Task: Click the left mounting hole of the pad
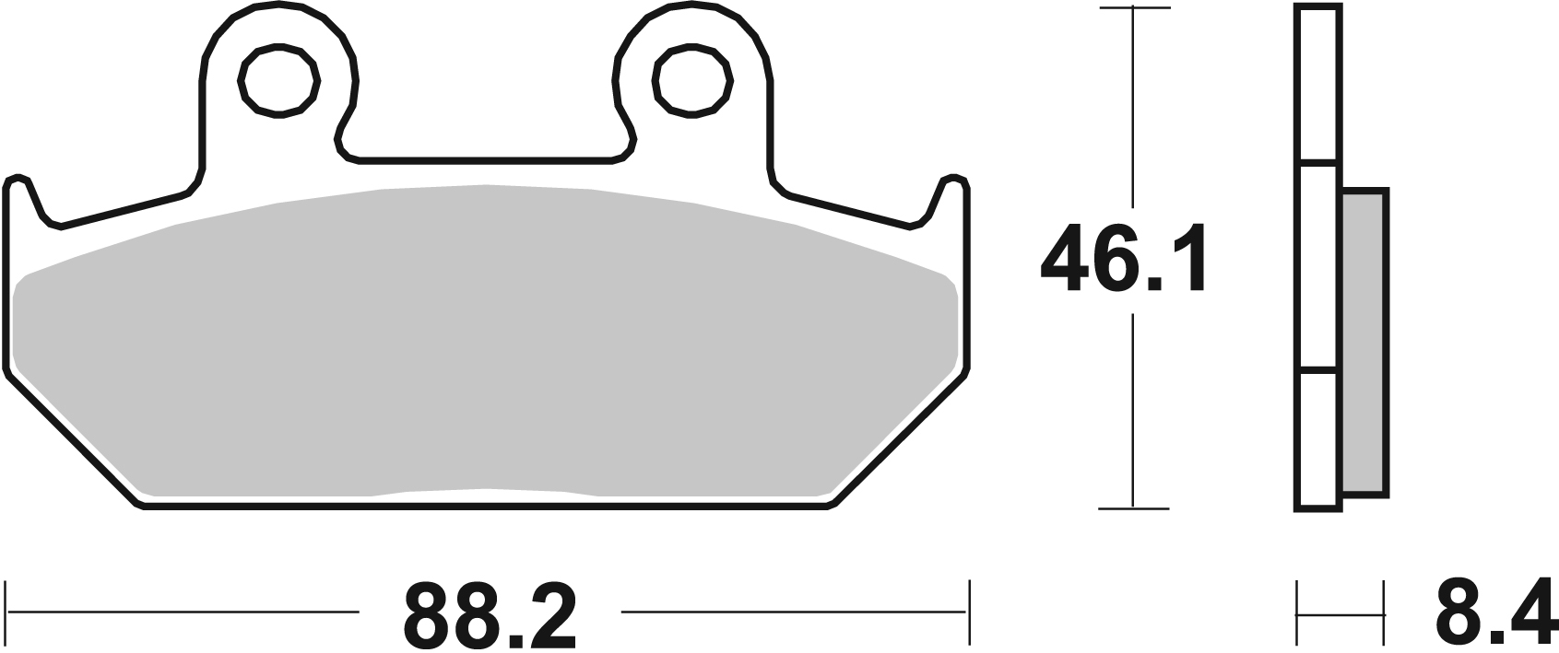click(279, 80)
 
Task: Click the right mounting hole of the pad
click(692, 80)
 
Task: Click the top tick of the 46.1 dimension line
click(1133, 8)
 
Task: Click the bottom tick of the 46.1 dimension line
click(1133, 507)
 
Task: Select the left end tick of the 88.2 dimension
click(8, 612)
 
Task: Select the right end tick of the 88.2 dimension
click(969, 612)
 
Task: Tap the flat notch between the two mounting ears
click(486, 161)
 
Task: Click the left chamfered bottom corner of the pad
click(74, 437)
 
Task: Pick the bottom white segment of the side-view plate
click(1317, 441)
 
